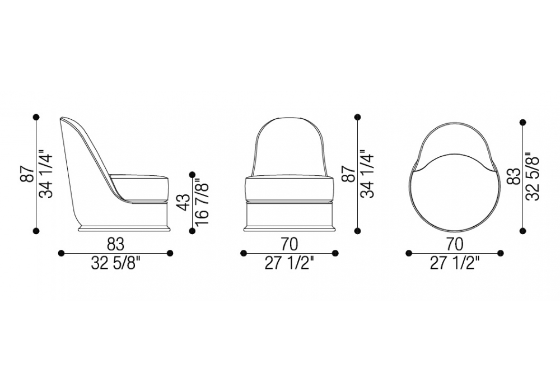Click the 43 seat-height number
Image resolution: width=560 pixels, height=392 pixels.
pos(185,203)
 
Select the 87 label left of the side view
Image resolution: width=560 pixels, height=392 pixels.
pos(28,174)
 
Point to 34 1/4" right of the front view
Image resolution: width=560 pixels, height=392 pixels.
pos(367,174)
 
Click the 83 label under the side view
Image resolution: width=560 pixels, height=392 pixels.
pos(115,245)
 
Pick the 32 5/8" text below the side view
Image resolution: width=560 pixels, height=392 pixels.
pos(115,264)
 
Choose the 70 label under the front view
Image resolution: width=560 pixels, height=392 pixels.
pos(290,245)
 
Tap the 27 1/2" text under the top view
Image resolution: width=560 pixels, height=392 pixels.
pos(454,264)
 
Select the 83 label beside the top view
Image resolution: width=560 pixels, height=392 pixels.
pos(515,176)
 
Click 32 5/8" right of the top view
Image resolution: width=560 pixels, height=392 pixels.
pos(532,176)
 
